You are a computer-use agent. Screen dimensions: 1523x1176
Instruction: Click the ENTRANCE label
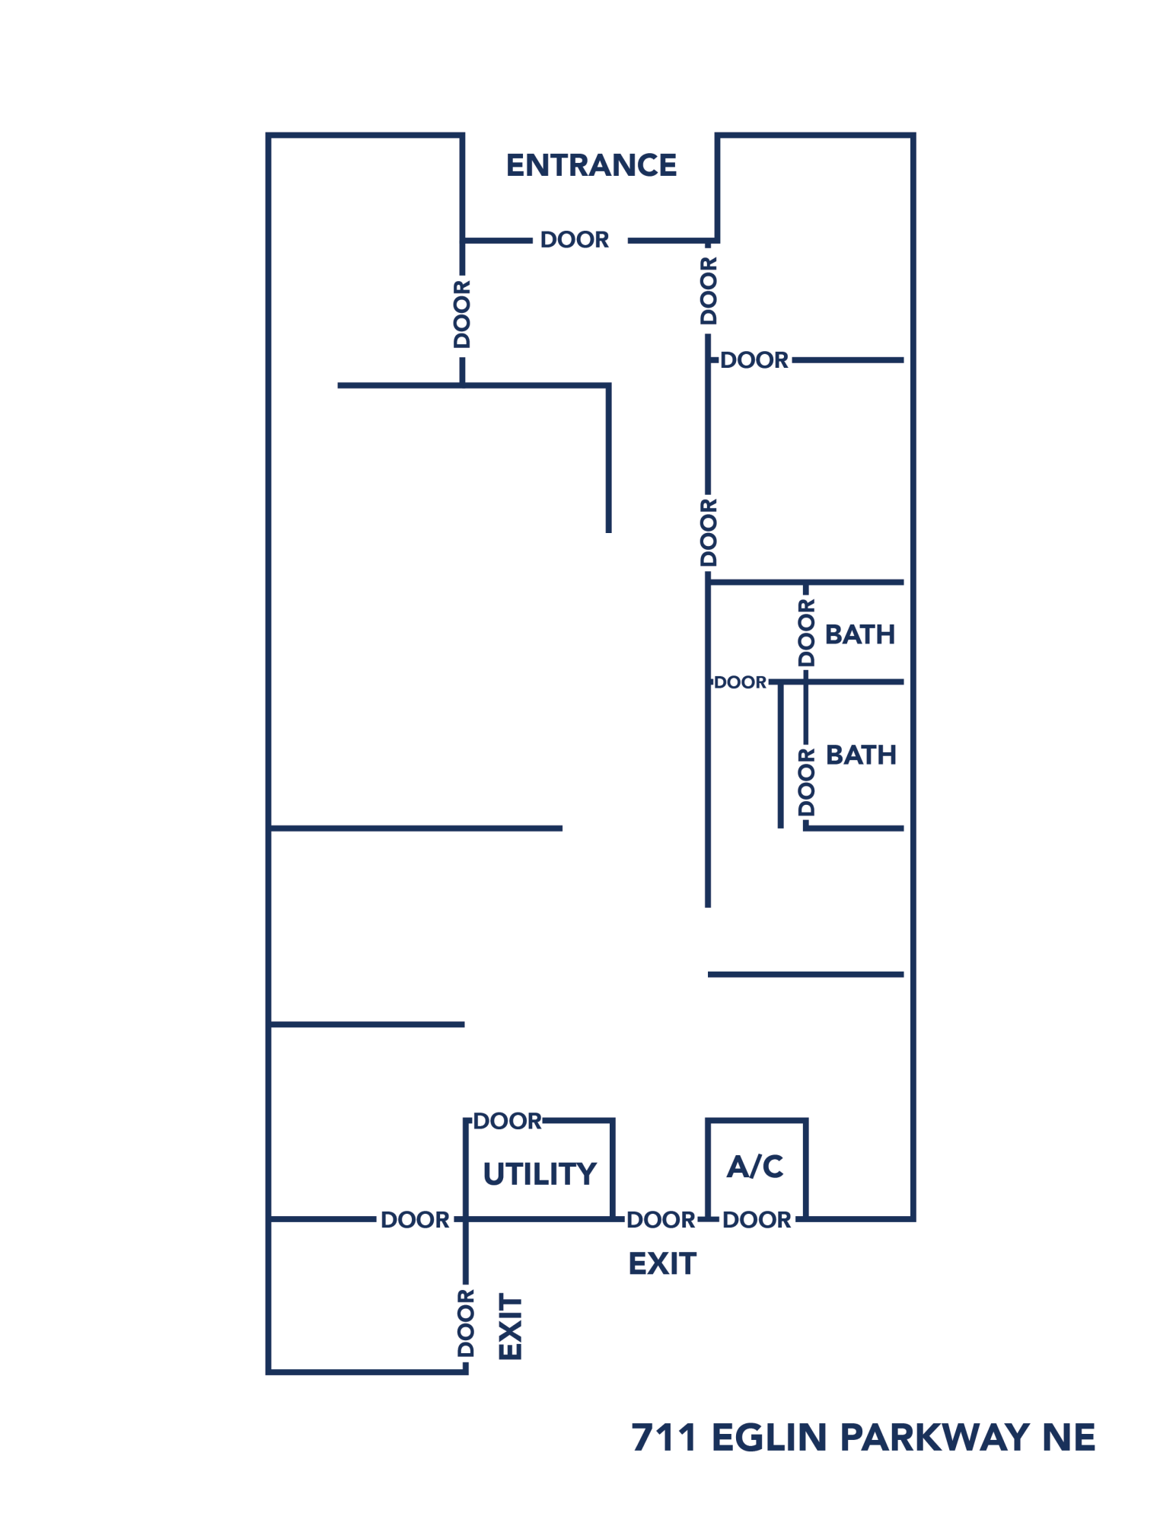(x=591, y=165)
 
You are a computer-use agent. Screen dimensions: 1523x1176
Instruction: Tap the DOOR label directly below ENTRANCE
(x=574, y=240)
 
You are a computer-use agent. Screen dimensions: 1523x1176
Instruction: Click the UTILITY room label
(x=539, y=1173)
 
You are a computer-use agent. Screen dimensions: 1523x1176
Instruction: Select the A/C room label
(x=754, y=1166)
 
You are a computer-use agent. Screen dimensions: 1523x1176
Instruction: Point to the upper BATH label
(x=859, y=634)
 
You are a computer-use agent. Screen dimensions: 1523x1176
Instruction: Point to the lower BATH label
(x=860, y=755)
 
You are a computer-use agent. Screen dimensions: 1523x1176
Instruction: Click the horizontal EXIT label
(x=661, y=1264)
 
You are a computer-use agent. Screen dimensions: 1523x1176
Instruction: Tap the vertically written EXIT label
(x=510, y=1326)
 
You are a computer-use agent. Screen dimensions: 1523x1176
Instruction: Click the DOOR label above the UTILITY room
(x=507, y=1121)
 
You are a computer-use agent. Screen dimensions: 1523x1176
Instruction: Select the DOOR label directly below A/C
(x=756, y=1220)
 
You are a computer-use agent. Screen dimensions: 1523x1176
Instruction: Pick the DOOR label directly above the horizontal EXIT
(x=660, y=1220)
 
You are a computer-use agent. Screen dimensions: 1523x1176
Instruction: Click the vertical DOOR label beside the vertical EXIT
(x=465, y=1323)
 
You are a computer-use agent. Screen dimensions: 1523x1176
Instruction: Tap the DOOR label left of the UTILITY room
(x=415, y=1220)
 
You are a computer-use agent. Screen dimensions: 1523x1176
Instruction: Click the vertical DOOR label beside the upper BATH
(x=806, y=632)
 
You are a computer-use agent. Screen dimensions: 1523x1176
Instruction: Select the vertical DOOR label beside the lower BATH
(x=806, y=781)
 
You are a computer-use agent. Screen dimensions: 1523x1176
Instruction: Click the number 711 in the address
(x=664, y=1438)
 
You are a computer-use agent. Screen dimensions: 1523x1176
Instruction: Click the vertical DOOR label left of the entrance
(x=462, y=314)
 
